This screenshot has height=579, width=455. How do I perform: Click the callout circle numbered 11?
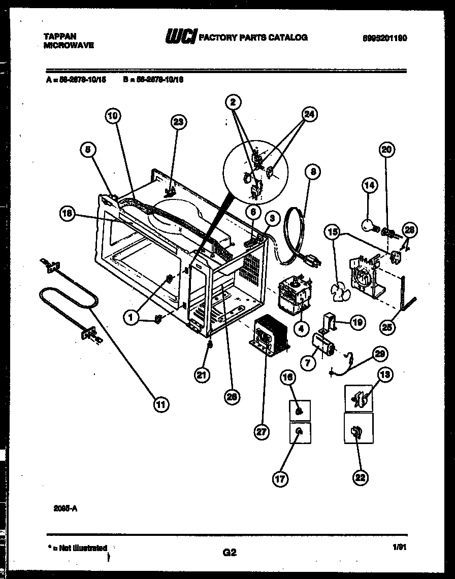[160, 404]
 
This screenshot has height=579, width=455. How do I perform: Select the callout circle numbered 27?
[262, 432]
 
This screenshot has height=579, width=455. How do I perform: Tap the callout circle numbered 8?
[313, 172]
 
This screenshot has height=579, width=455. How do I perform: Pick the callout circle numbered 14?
[370, 186]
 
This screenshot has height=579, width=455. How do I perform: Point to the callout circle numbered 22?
[360, 478]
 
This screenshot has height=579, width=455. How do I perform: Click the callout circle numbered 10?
[113, 116]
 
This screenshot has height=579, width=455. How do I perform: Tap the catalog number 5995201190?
[384, 38]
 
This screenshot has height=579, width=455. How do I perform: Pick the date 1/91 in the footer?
[399, 548]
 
